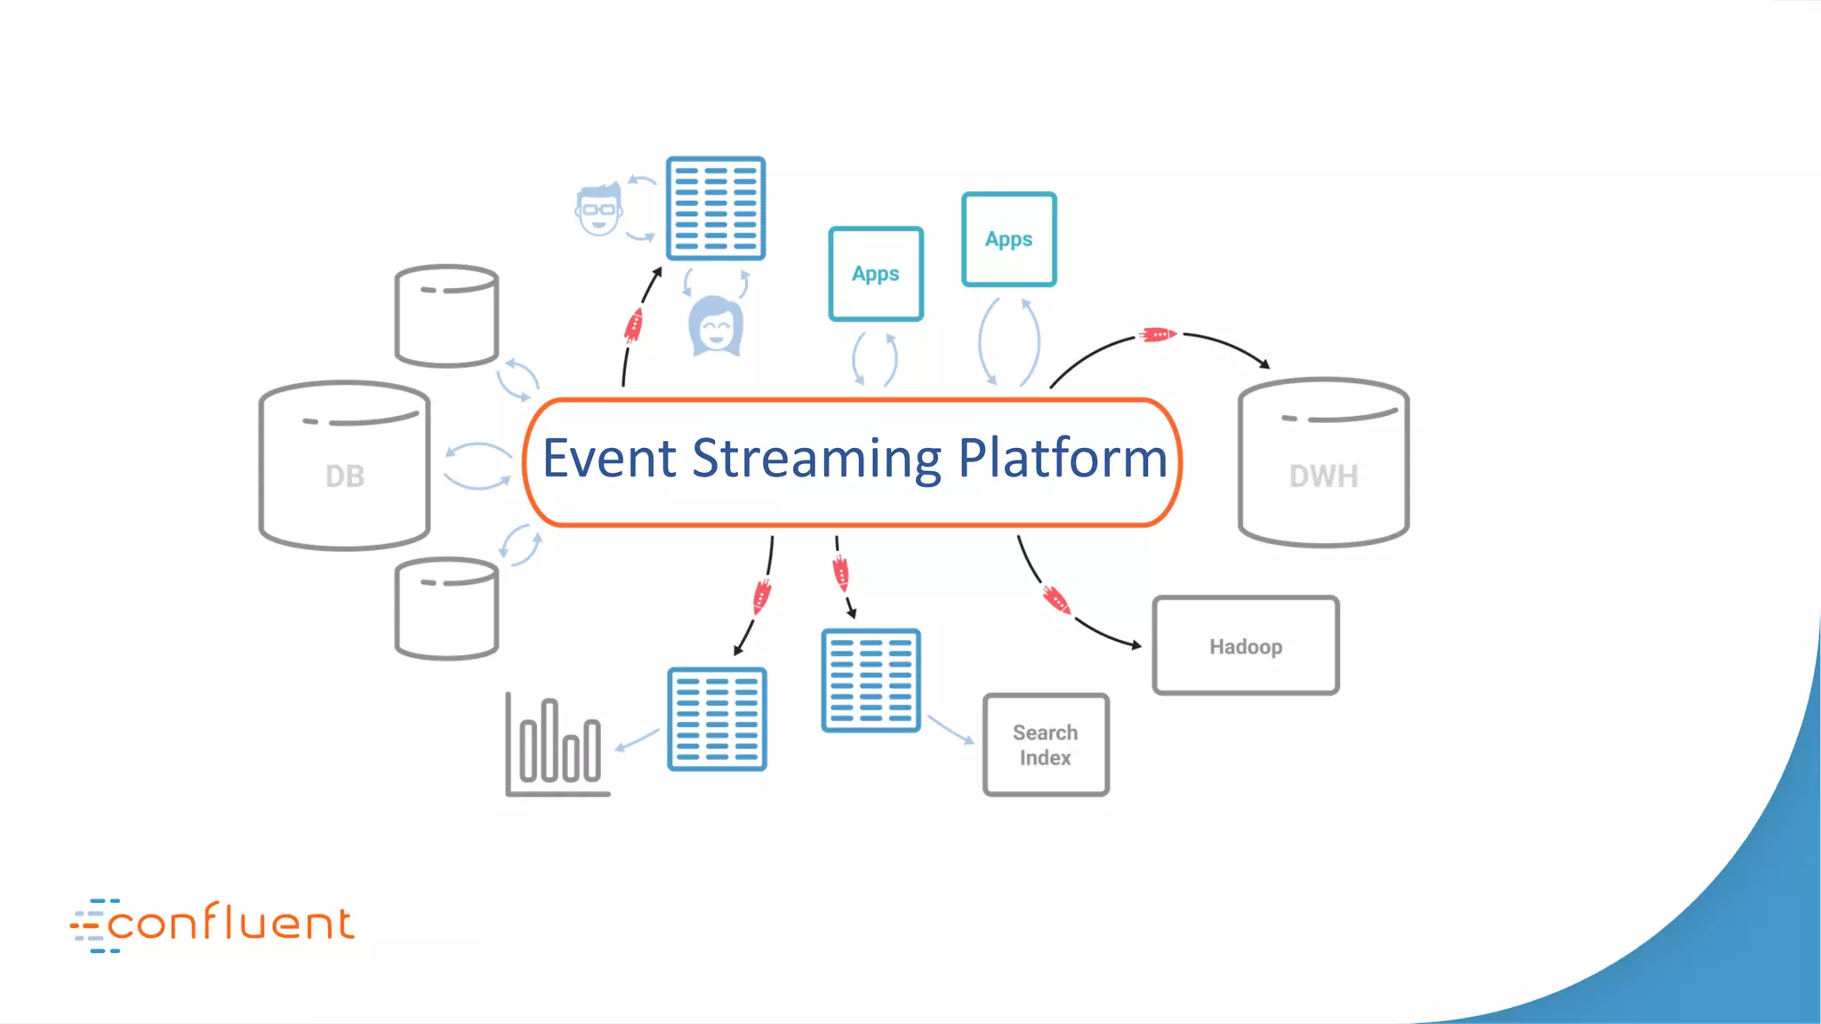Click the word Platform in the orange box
(x=1063, y=460)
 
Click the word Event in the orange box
(x=609, y=460)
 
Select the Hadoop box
(x=1245, y=645)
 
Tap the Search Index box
(x=1046, y=745)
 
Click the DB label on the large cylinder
(x=345, y=476)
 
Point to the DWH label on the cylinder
(x=1323, y=476)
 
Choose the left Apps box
(x=876, y=274)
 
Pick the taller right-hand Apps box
(x=1008, y=239)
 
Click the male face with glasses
(x=598, y=210)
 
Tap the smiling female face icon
(x=716, y=326)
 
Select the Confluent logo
(x=213, y=924)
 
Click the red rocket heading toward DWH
(x=1158, y=335)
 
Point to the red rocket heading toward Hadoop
(x=1056, y=600)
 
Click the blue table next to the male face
(x=716, y=209)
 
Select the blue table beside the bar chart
(x=717, y=719)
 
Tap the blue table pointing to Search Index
(x=870, y=681)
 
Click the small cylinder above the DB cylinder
(x=446, y=316)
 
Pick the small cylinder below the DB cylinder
(x=446, y=609)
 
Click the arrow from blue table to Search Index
(x=951, y=729)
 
